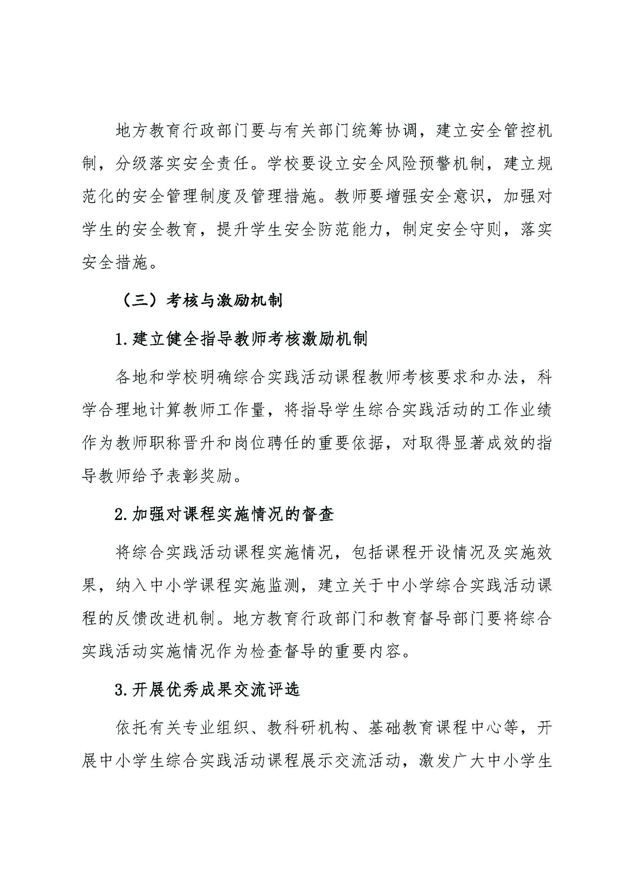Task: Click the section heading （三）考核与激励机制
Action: point(201,300)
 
